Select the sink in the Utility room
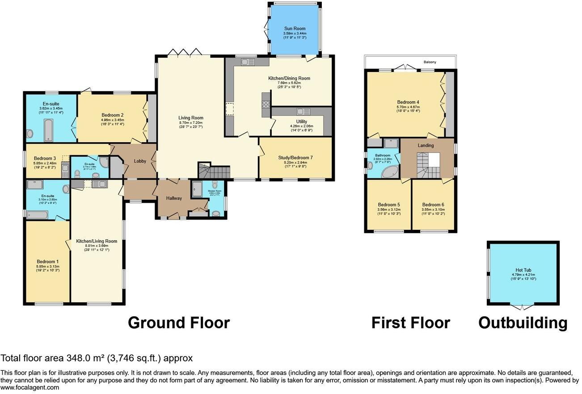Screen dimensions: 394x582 303,112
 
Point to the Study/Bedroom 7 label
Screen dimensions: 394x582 295,157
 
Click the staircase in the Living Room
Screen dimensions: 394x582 215,171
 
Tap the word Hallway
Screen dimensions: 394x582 174,198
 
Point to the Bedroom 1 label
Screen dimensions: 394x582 47,262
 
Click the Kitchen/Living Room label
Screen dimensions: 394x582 97,241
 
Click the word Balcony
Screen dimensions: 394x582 430,62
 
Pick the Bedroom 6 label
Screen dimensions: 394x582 433,205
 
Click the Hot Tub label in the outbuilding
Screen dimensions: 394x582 522,270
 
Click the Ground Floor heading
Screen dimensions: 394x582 178,322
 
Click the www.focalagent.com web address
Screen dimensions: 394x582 30,388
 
